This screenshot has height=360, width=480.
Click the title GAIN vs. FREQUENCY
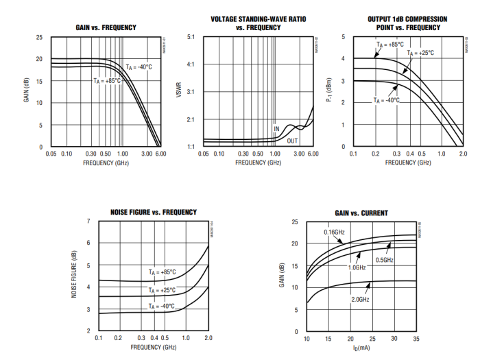(106, 27)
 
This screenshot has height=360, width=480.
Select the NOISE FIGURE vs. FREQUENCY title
(154, 213)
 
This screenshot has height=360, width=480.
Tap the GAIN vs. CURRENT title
(361, 213)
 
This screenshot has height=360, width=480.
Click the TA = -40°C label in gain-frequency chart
(139, 67)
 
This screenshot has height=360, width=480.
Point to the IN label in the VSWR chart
(277, 128)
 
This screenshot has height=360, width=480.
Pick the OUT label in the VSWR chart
(293, 141)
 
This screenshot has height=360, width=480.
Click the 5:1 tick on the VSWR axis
(191, 37)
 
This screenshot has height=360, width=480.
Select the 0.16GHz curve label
(335, 232)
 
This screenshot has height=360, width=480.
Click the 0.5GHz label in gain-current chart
(384, 260)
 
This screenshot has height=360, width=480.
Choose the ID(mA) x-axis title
(361, 349)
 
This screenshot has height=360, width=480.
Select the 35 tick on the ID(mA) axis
(416, 339)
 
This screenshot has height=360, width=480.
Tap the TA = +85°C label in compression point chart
(389, 45)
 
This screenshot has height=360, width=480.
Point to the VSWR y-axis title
(179, 92)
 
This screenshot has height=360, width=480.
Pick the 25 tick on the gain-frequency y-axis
(39, 37)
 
